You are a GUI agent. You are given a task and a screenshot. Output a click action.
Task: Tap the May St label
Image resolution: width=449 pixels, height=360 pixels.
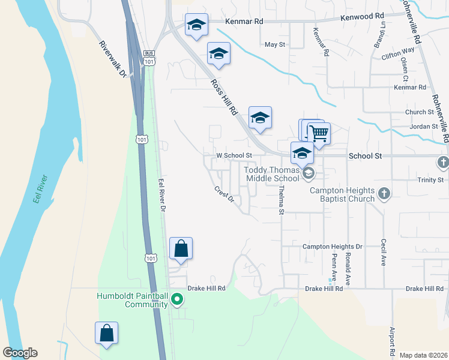[274, 44]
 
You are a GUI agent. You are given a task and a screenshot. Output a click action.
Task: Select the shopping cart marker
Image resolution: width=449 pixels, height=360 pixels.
[319, 133]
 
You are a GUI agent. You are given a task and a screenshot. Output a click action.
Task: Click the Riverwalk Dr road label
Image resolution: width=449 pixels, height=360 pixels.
[112, 59]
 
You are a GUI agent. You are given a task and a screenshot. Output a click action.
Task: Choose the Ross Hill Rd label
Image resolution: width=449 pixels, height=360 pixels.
[225, 98]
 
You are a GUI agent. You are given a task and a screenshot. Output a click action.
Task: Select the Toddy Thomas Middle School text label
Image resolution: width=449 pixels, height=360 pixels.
[271, 174]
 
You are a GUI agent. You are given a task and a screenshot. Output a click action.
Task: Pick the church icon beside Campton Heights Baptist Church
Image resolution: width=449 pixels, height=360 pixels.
[385, 194]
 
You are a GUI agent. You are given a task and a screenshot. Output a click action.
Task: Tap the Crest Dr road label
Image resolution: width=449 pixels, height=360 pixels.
[224, 195]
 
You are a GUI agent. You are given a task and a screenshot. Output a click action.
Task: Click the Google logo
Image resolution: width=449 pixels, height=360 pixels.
[20, 352]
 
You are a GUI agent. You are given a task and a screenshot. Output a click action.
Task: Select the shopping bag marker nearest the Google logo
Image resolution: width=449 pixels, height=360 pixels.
[106, 334]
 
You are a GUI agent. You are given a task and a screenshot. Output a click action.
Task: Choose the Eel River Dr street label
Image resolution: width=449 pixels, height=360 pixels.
[161, 194]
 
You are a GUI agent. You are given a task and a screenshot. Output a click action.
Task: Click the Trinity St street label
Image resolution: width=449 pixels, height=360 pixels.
[430, 180]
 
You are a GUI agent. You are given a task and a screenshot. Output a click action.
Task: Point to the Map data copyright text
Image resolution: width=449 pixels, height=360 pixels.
[423, 355]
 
